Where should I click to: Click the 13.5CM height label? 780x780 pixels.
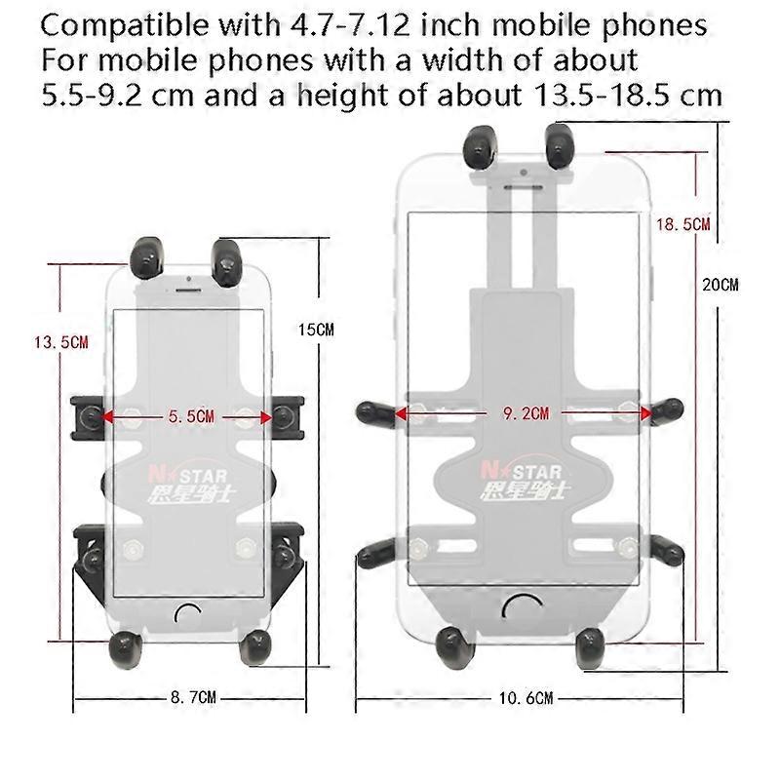61,342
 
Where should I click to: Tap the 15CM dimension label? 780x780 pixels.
316,330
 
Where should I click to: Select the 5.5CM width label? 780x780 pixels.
191,416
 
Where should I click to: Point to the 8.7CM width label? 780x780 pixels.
193,697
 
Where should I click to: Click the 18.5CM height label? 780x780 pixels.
683,224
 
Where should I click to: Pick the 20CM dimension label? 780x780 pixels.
721,285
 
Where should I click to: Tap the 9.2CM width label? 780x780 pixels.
526,412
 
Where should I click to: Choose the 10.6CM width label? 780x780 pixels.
526,698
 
